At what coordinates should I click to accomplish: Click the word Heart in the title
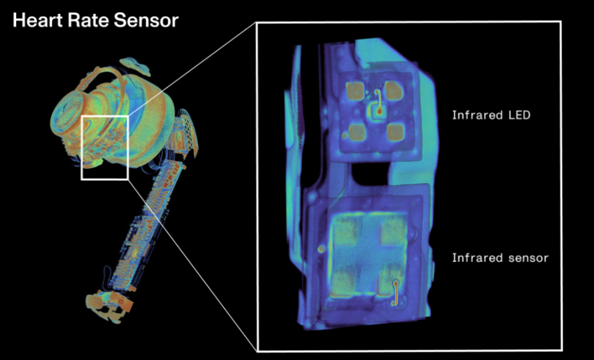click(x=38, y=20)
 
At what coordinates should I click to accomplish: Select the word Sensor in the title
click(x=146, y=20)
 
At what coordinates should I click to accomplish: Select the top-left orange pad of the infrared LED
click(x=355, y=90)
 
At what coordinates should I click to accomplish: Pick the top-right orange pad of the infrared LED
click(x=394, y=90)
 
